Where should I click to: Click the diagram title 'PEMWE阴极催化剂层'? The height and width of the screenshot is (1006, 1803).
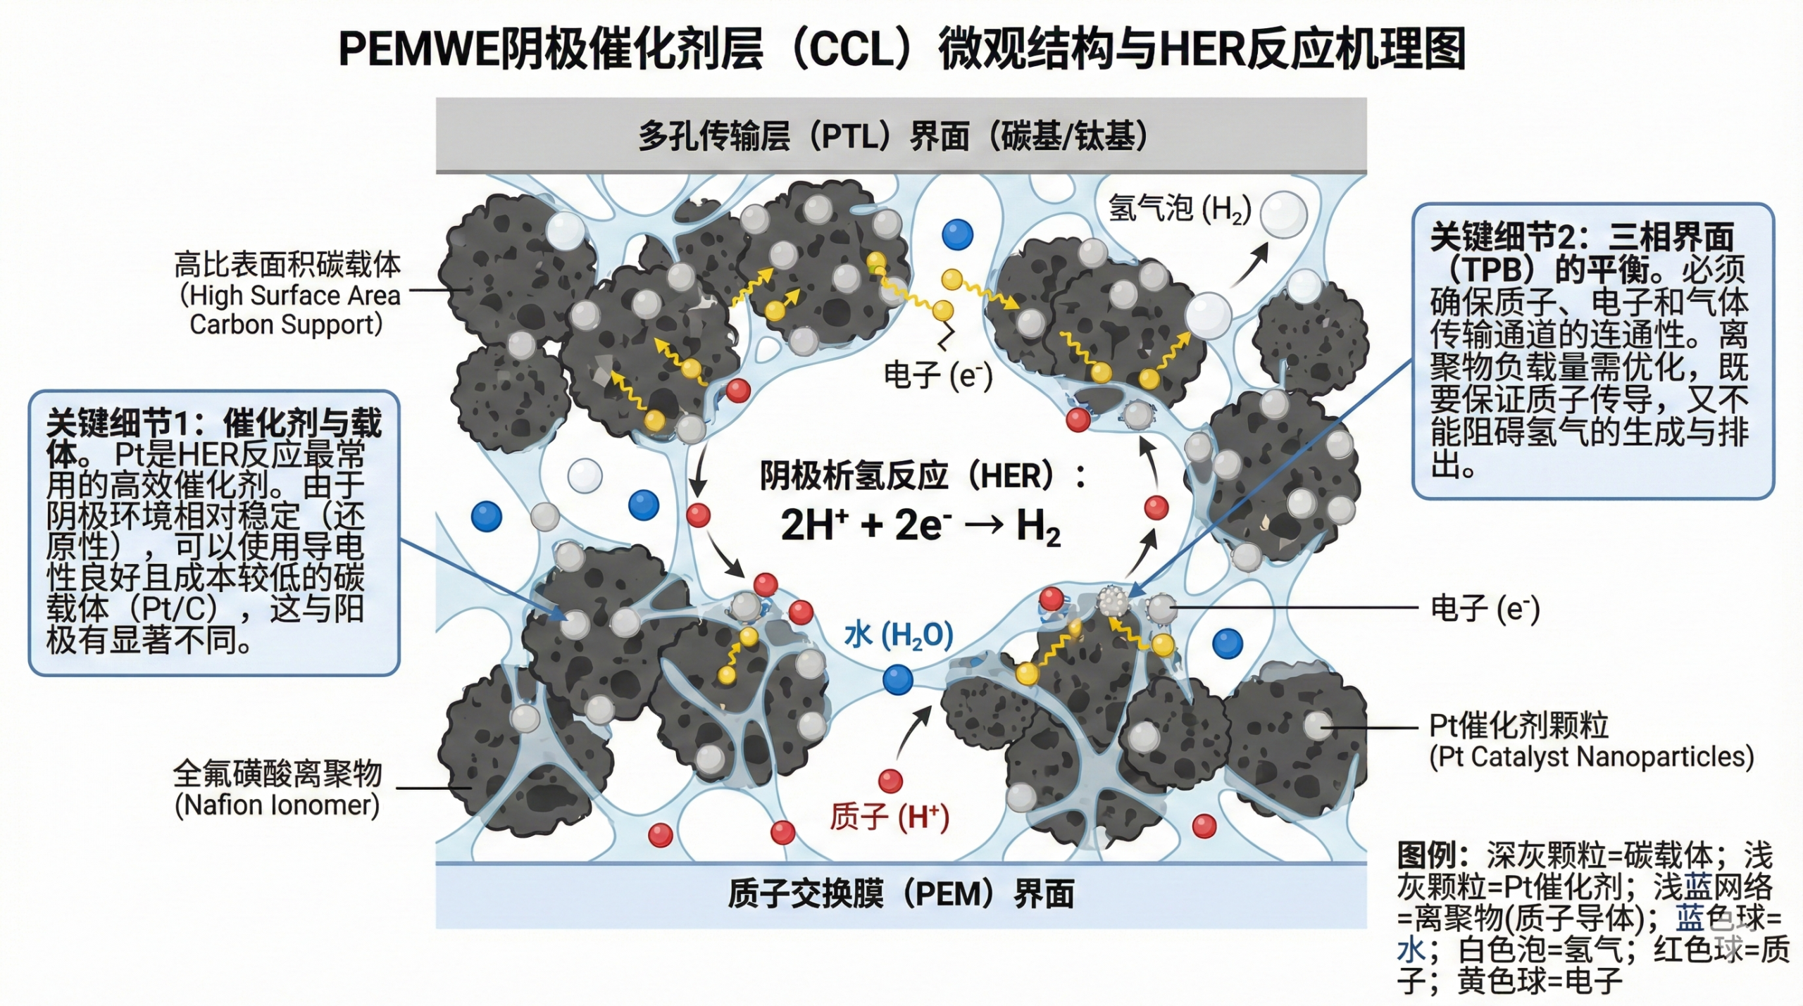point(549,49)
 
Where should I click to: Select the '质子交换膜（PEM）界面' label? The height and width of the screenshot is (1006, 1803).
point(901,895)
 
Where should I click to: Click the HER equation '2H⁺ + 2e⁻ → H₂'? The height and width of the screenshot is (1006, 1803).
point(920,526)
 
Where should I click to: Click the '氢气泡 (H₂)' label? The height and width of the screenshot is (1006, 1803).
point(1179,209)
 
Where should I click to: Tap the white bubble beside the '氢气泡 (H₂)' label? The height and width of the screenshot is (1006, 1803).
point(1283,214)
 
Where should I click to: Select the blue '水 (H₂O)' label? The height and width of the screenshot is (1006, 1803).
point(898,635)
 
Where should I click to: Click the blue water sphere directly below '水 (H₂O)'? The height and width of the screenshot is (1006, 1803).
point(897,680)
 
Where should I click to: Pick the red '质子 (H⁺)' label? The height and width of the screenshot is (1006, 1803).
point(889,817)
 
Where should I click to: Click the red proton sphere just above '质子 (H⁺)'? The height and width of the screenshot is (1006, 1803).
point(890,781)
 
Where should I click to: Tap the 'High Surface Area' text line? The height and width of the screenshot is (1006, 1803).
point(290,296)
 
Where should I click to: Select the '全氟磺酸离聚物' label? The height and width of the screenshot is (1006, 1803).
point(277,774)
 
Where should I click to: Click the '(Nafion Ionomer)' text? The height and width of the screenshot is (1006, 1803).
point(277,805)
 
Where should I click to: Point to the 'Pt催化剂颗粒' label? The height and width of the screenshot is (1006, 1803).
point(1518,725)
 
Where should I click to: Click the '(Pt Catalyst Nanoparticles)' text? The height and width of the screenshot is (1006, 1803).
point(1591,757)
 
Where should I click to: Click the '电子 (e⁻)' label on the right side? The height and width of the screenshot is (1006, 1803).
point(1485,608)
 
